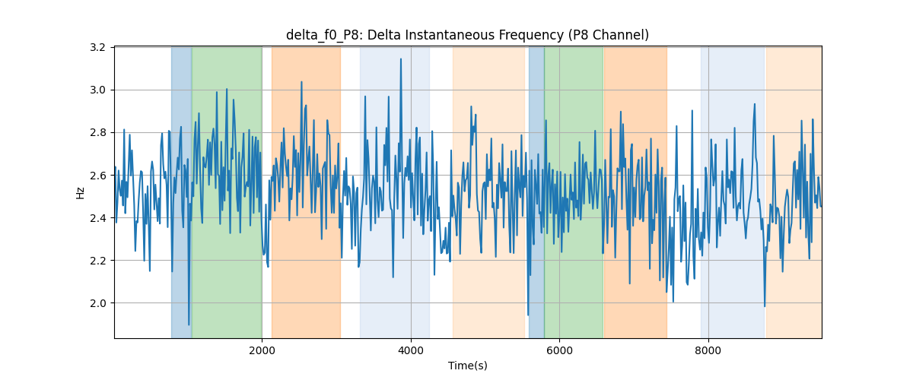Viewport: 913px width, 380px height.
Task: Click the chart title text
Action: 467,35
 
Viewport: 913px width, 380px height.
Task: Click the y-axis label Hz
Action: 81,193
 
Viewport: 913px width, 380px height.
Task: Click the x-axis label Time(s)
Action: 467,366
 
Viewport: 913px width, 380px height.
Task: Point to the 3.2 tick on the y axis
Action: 97,48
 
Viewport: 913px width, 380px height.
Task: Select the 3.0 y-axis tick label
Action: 97,90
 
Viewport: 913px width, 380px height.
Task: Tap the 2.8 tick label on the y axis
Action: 97,133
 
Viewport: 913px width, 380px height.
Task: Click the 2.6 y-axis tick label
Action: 97,176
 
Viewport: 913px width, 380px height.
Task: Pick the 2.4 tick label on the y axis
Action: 97,218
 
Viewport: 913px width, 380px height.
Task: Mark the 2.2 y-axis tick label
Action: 97,261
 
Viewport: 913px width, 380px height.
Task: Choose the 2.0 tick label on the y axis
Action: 97,303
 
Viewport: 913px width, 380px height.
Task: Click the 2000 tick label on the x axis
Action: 262,350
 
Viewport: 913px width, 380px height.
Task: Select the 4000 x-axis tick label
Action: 411,350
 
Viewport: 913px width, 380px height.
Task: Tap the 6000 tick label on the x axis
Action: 560,350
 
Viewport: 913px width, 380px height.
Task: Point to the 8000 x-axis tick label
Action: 708,350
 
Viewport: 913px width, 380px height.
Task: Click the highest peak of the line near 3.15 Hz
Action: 401,59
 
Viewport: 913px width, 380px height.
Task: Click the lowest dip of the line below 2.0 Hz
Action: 189,325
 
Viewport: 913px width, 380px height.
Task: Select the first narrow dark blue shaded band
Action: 181,192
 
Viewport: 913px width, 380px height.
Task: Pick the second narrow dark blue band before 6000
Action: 536,192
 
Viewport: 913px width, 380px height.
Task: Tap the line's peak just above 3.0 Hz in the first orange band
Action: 301,82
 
